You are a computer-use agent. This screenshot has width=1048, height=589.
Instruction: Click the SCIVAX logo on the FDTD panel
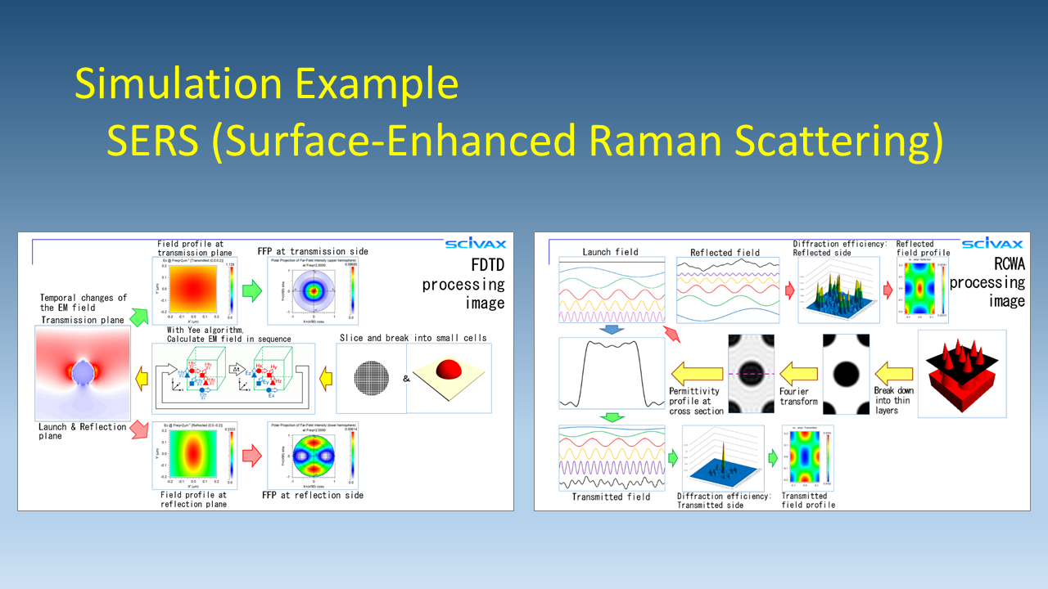[476, 244]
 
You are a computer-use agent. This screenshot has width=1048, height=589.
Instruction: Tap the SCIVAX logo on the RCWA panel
[992, 244]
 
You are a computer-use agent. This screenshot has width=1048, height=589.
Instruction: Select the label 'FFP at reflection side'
[313, 495]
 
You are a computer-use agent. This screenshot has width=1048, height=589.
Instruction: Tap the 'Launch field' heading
[610, 251]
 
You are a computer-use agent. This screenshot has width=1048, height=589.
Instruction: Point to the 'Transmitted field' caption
[610, 497]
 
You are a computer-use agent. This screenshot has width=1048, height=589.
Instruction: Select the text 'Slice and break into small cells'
[413, 337]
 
